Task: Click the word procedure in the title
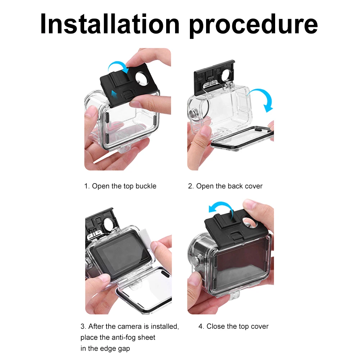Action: [254, 26]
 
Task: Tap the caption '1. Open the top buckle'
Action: [120, 186]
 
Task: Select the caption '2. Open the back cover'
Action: [225, 186]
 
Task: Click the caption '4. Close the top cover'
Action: [233, 326]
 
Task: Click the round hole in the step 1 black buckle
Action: [142, 78]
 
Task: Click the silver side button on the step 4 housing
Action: [197, 261]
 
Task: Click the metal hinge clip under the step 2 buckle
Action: [211, 84]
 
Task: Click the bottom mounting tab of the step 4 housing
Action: [234, 296]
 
